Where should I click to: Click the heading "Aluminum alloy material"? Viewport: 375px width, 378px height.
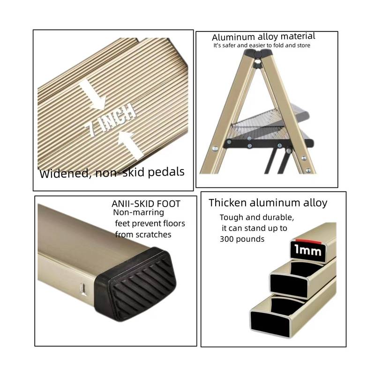pyautogui.click(x=263, y=37)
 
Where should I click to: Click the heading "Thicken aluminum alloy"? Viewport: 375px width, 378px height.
pyautogui.click(x=268, y=203)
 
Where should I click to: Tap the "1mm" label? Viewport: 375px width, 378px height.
pyautogui.click(x=307, y=252)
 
